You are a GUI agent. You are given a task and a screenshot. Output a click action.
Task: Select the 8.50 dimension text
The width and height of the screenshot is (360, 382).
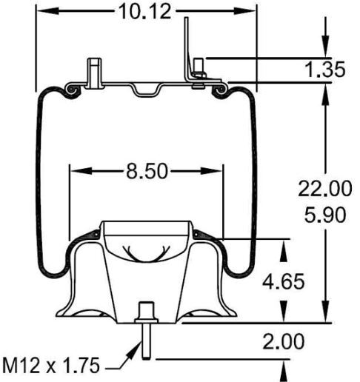pos(144,172)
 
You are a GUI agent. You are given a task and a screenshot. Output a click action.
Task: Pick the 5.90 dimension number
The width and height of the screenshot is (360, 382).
pos(324,215)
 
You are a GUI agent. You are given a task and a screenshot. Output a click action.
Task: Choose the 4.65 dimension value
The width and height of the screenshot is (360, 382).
pos(285,281)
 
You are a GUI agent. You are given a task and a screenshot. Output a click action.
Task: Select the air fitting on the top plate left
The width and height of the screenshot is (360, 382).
pos(93,73)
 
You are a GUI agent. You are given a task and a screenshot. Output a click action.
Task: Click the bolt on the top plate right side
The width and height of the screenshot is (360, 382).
pos(199,75)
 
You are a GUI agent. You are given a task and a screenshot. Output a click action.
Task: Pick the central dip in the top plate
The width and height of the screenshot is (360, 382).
pos(146,90)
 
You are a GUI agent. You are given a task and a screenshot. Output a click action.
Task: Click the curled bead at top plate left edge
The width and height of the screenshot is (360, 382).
pos(72,90)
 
